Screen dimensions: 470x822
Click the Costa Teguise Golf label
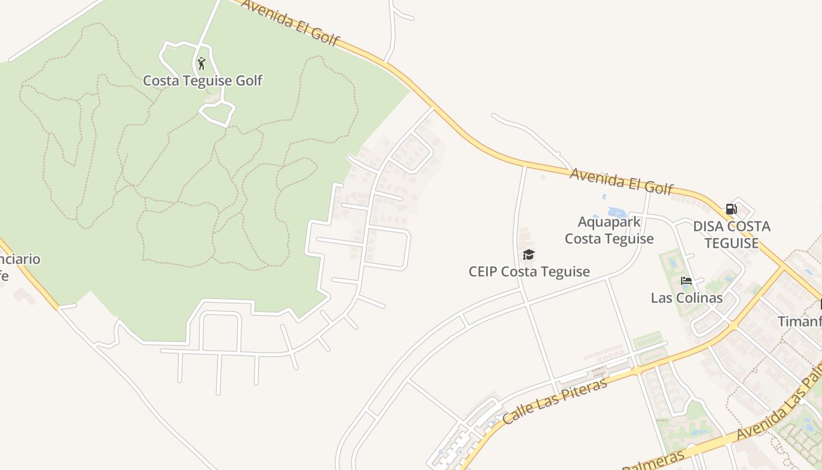(203, 80)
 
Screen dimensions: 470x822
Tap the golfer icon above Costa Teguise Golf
(201, 63)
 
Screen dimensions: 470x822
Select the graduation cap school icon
(528, 254)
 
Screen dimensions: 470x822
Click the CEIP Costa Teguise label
(529, 271)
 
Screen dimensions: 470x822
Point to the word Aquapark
(609, 222)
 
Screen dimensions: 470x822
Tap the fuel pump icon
(731, 209)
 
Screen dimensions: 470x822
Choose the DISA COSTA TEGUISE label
(732, 234)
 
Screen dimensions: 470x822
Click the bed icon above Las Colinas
(686, 281)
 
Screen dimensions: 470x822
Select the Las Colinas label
(686, 298)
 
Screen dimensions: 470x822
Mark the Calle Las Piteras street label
(555, 401)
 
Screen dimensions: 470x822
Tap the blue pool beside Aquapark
(616, 212)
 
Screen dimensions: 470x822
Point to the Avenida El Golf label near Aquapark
(621, 181)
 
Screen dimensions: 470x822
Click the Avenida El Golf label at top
(290, 22)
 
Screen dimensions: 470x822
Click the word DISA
(708, 227)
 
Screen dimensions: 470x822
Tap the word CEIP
(483, 271)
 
